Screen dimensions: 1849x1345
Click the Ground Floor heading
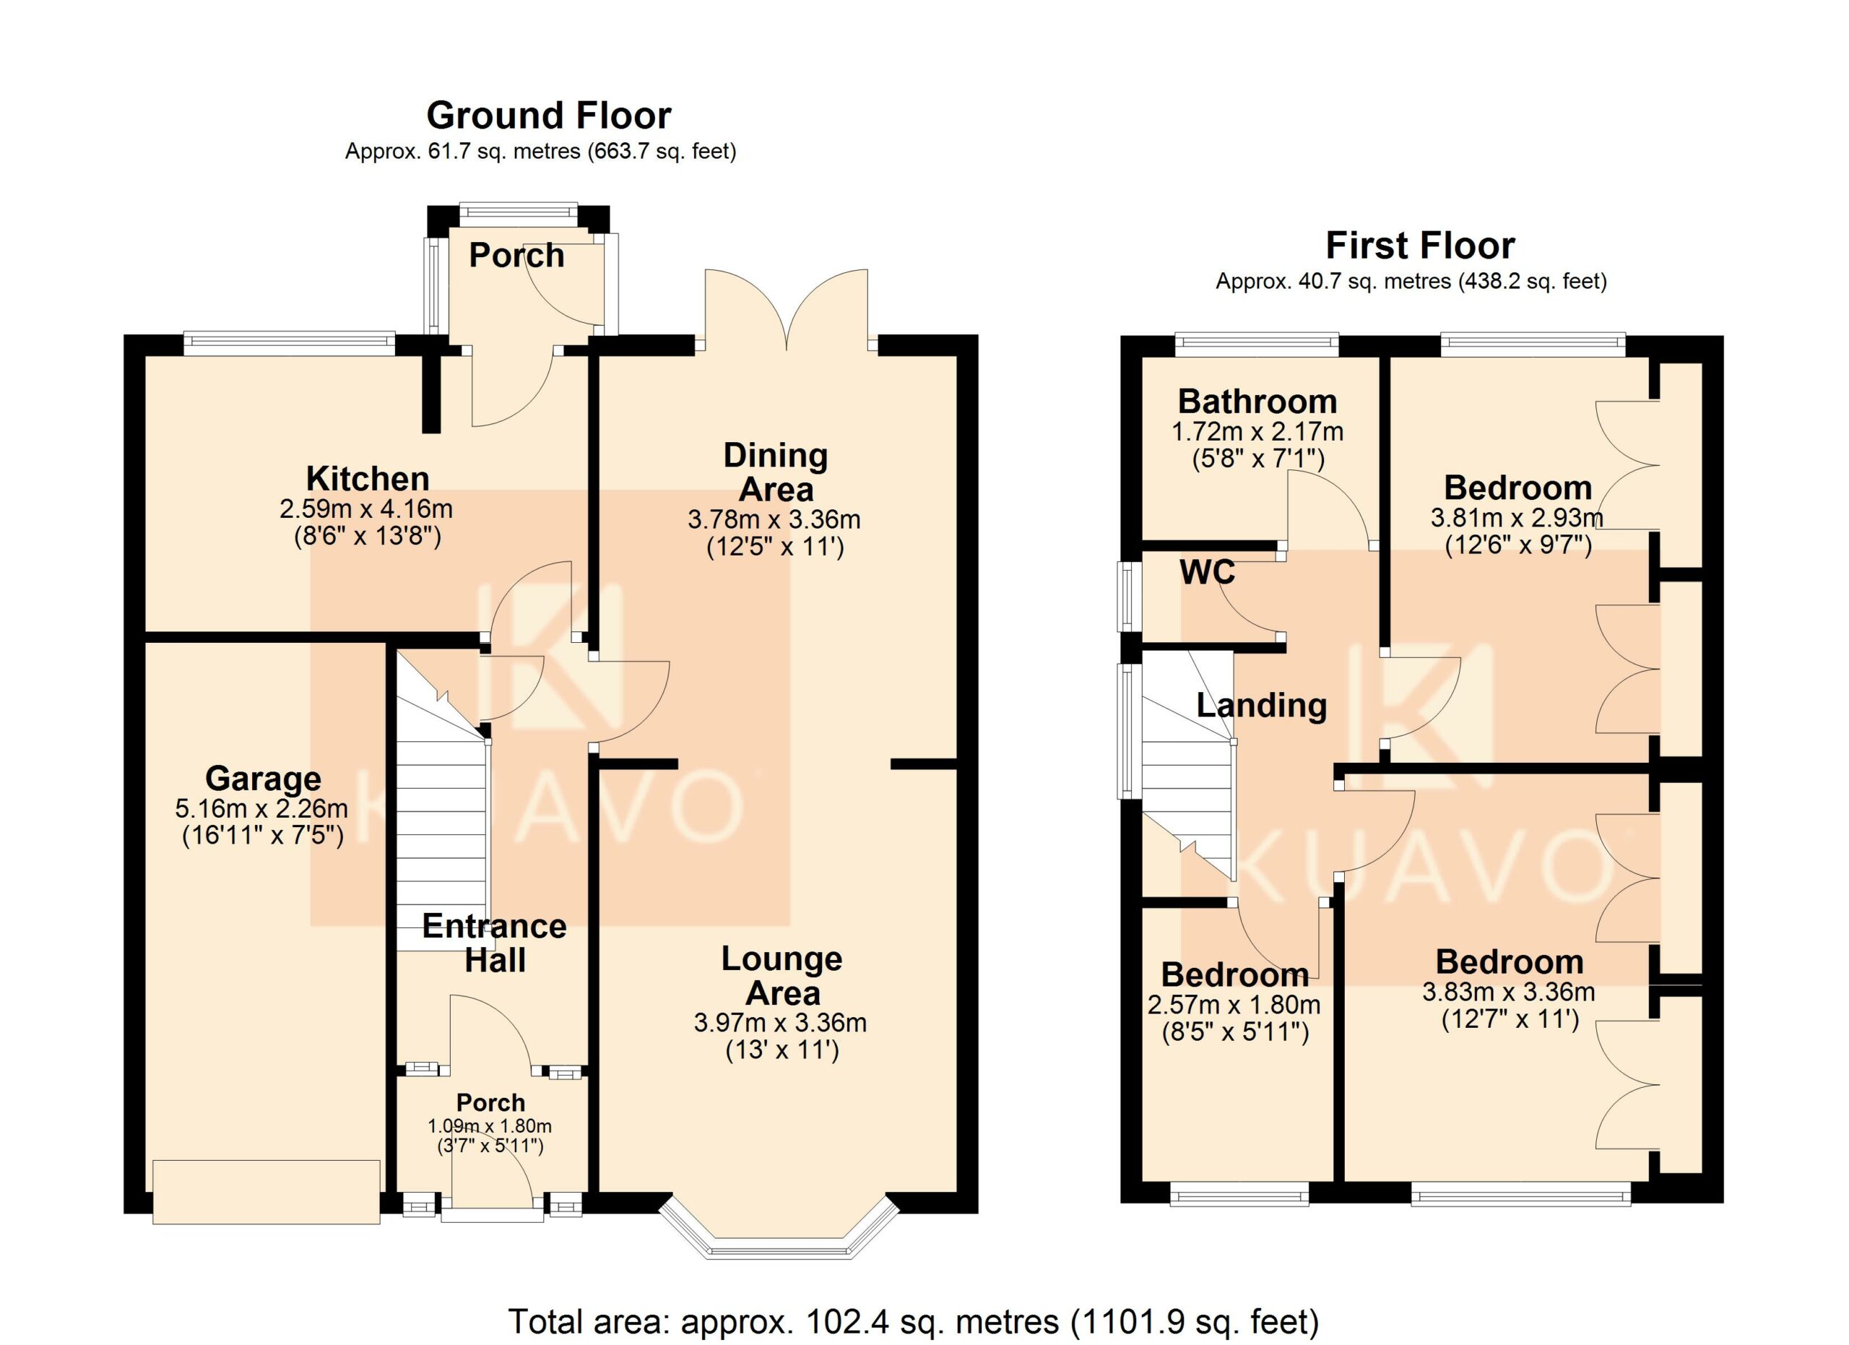549,116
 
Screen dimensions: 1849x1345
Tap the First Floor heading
1420,246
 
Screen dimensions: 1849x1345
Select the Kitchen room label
368,478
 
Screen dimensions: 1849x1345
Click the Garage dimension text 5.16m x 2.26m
261,810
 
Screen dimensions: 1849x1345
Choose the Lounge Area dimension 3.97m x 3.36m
780,1022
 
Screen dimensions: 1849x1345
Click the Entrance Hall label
494,943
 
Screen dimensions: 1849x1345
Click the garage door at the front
266,1192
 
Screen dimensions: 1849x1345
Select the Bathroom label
1257,402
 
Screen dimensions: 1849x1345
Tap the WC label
1208,572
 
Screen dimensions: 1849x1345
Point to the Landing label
1261,705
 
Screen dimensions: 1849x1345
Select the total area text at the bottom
914,1320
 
